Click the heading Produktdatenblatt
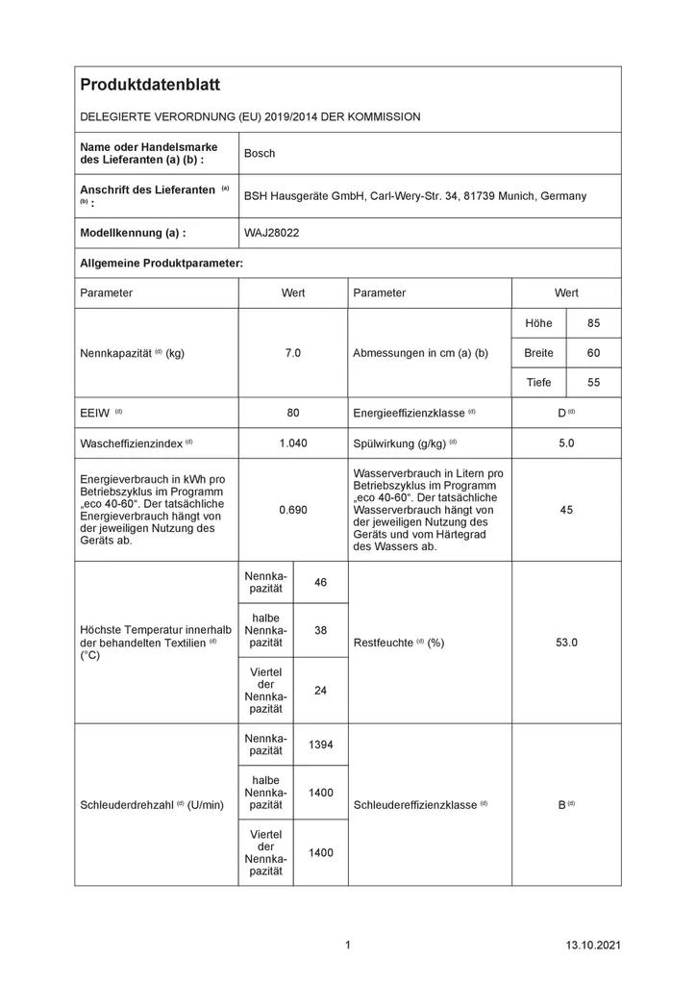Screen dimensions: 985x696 [x=150, y=86]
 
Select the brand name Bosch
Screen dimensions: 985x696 [x=260, y=153]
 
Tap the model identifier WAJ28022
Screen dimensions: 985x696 [x=272, y=233]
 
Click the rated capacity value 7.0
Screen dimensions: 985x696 [x=292, y=353]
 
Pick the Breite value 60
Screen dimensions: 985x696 [x=593, y=353]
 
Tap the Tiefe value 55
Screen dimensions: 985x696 [x=593, y=383]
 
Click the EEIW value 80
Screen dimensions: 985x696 [x=292, y=413]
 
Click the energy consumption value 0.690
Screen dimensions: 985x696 [x=292, y=510]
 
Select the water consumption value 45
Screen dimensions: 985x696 [x=566, y=510]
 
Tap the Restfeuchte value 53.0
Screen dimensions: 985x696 [x=566, y=643]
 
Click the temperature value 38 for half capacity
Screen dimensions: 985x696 [x=320, y=629]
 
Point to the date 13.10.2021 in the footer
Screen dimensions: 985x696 [x=593, y=946]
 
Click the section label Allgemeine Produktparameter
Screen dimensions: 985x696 [x=161, y=263]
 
